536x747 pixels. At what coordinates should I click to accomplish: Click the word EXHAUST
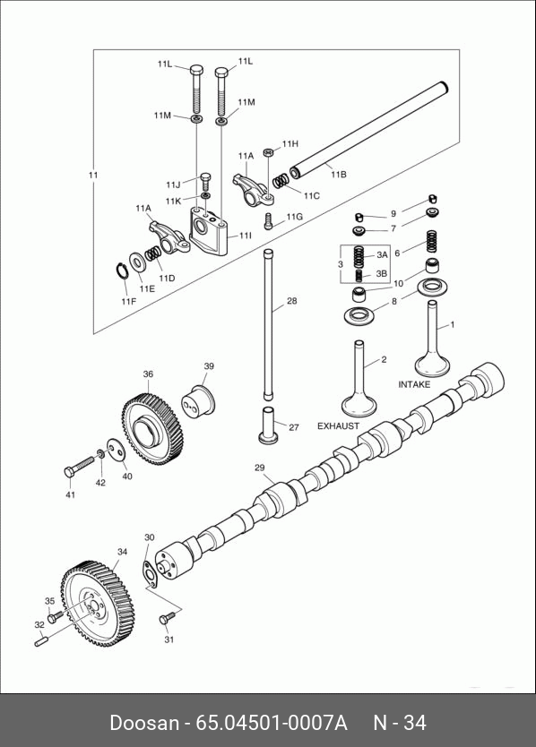click(x=338, y=426)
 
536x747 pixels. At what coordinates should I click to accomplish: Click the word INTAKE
click(x=414, y=384)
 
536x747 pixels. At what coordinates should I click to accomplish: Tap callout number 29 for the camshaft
click(x=259, y=468)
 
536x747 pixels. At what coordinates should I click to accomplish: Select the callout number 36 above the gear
click(x=148, y=374)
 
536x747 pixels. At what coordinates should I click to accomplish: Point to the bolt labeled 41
click(x=80, y=467)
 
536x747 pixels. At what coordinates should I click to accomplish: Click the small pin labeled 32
click(x=39, y=641)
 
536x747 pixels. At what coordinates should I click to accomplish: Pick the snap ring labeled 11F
click(x=122, y=270)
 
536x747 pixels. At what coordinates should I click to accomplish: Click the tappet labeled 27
click(x=267, y=425)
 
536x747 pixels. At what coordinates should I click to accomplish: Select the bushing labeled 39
click(x=199, y=400)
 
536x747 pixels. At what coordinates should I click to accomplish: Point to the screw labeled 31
click(x=166, y=617)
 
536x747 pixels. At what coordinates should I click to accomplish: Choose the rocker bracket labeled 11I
click(x=209, y=230)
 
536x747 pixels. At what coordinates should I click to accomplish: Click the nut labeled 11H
click(x=269, y=152)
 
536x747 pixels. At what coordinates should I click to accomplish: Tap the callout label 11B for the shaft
click(x=338, y=175)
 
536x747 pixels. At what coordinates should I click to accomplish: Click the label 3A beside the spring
click(x=382, y=255)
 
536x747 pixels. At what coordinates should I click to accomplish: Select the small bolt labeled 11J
click(x=205, y=181)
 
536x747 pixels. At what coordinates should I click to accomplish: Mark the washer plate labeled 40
click(x=117, y=451)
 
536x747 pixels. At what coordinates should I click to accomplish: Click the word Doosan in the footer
click(x=144, y=722)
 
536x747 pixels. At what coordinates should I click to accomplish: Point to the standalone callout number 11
click(x=93, y=175)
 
